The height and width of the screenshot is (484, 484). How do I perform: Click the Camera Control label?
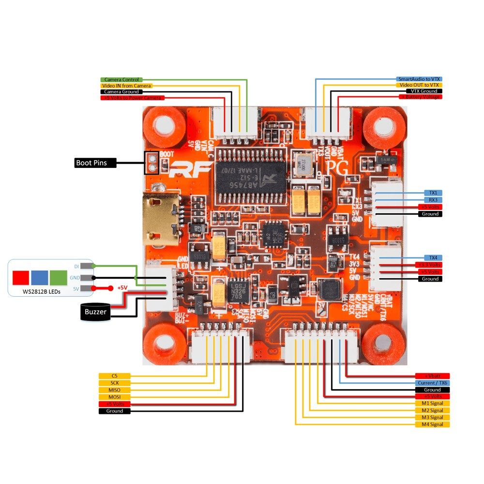[x=121, y=79]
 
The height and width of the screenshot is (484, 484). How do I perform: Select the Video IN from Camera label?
[x=126, y=86]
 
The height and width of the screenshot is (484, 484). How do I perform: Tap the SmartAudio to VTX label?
[x=419, y=78]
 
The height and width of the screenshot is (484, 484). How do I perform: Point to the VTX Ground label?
[x=424, y=91]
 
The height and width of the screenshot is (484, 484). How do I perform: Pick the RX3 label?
[x=433, y=199]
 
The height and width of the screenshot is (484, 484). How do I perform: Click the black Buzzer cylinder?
[x=95, y=312]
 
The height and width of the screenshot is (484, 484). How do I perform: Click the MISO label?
[x=114, y=390]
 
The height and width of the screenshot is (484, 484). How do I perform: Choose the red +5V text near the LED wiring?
[x=122, y=288]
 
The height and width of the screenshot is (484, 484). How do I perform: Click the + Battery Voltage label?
[x=420, y=97]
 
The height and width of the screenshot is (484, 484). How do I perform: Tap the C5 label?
[x=114, y=376]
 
